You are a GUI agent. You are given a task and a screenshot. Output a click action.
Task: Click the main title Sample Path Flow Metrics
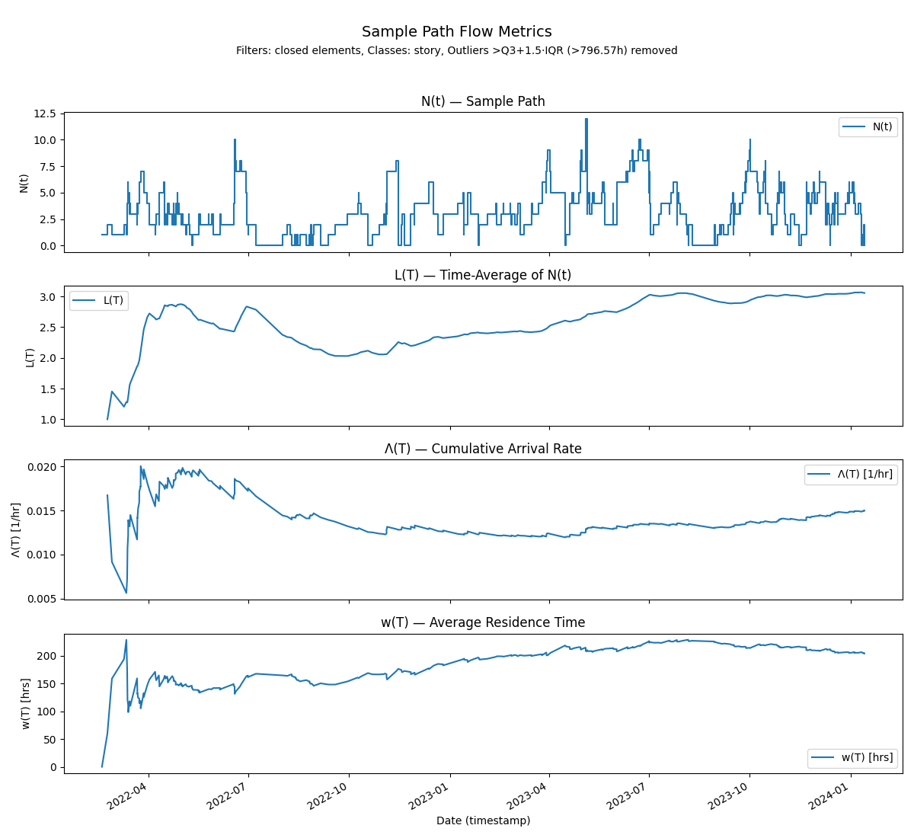click(x=456, y=32)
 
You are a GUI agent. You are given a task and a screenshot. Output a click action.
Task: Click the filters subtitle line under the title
click(x=456, y=51)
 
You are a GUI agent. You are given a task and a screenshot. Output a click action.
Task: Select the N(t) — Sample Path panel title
click(x=483, y=101)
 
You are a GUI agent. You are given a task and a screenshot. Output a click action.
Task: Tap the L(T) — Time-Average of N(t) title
click(x=483, y=275)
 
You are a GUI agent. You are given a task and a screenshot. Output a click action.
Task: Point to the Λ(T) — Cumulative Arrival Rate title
click(x=483, y=449)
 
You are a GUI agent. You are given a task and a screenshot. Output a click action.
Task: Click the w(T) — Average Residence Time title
click(x=483, y=622)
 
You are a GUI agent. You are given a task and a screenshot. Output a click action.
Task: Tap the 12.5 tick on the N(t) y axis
click(x=44, y=114)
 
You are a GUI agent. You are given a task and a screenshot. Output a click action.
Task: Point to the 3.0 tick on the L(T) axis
click(x=47, y=296)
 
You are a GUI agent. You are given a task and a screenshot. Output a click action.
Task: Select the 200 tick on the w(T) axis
click(x=47, y=656)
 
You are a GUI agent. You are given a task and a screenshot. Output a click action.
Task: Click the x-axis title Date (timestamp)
click(x=483, y=821)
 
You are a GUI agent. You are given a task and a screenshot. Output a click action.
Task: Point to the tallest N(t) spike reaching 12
click(x=586, y=120)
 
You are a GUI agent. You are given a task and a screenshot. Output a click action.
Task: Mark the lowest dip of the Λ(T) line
click(x=126, y=592)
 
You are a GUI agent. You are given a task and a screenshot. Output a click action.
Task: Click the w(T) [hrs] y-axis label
click(x=26, y=704)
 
